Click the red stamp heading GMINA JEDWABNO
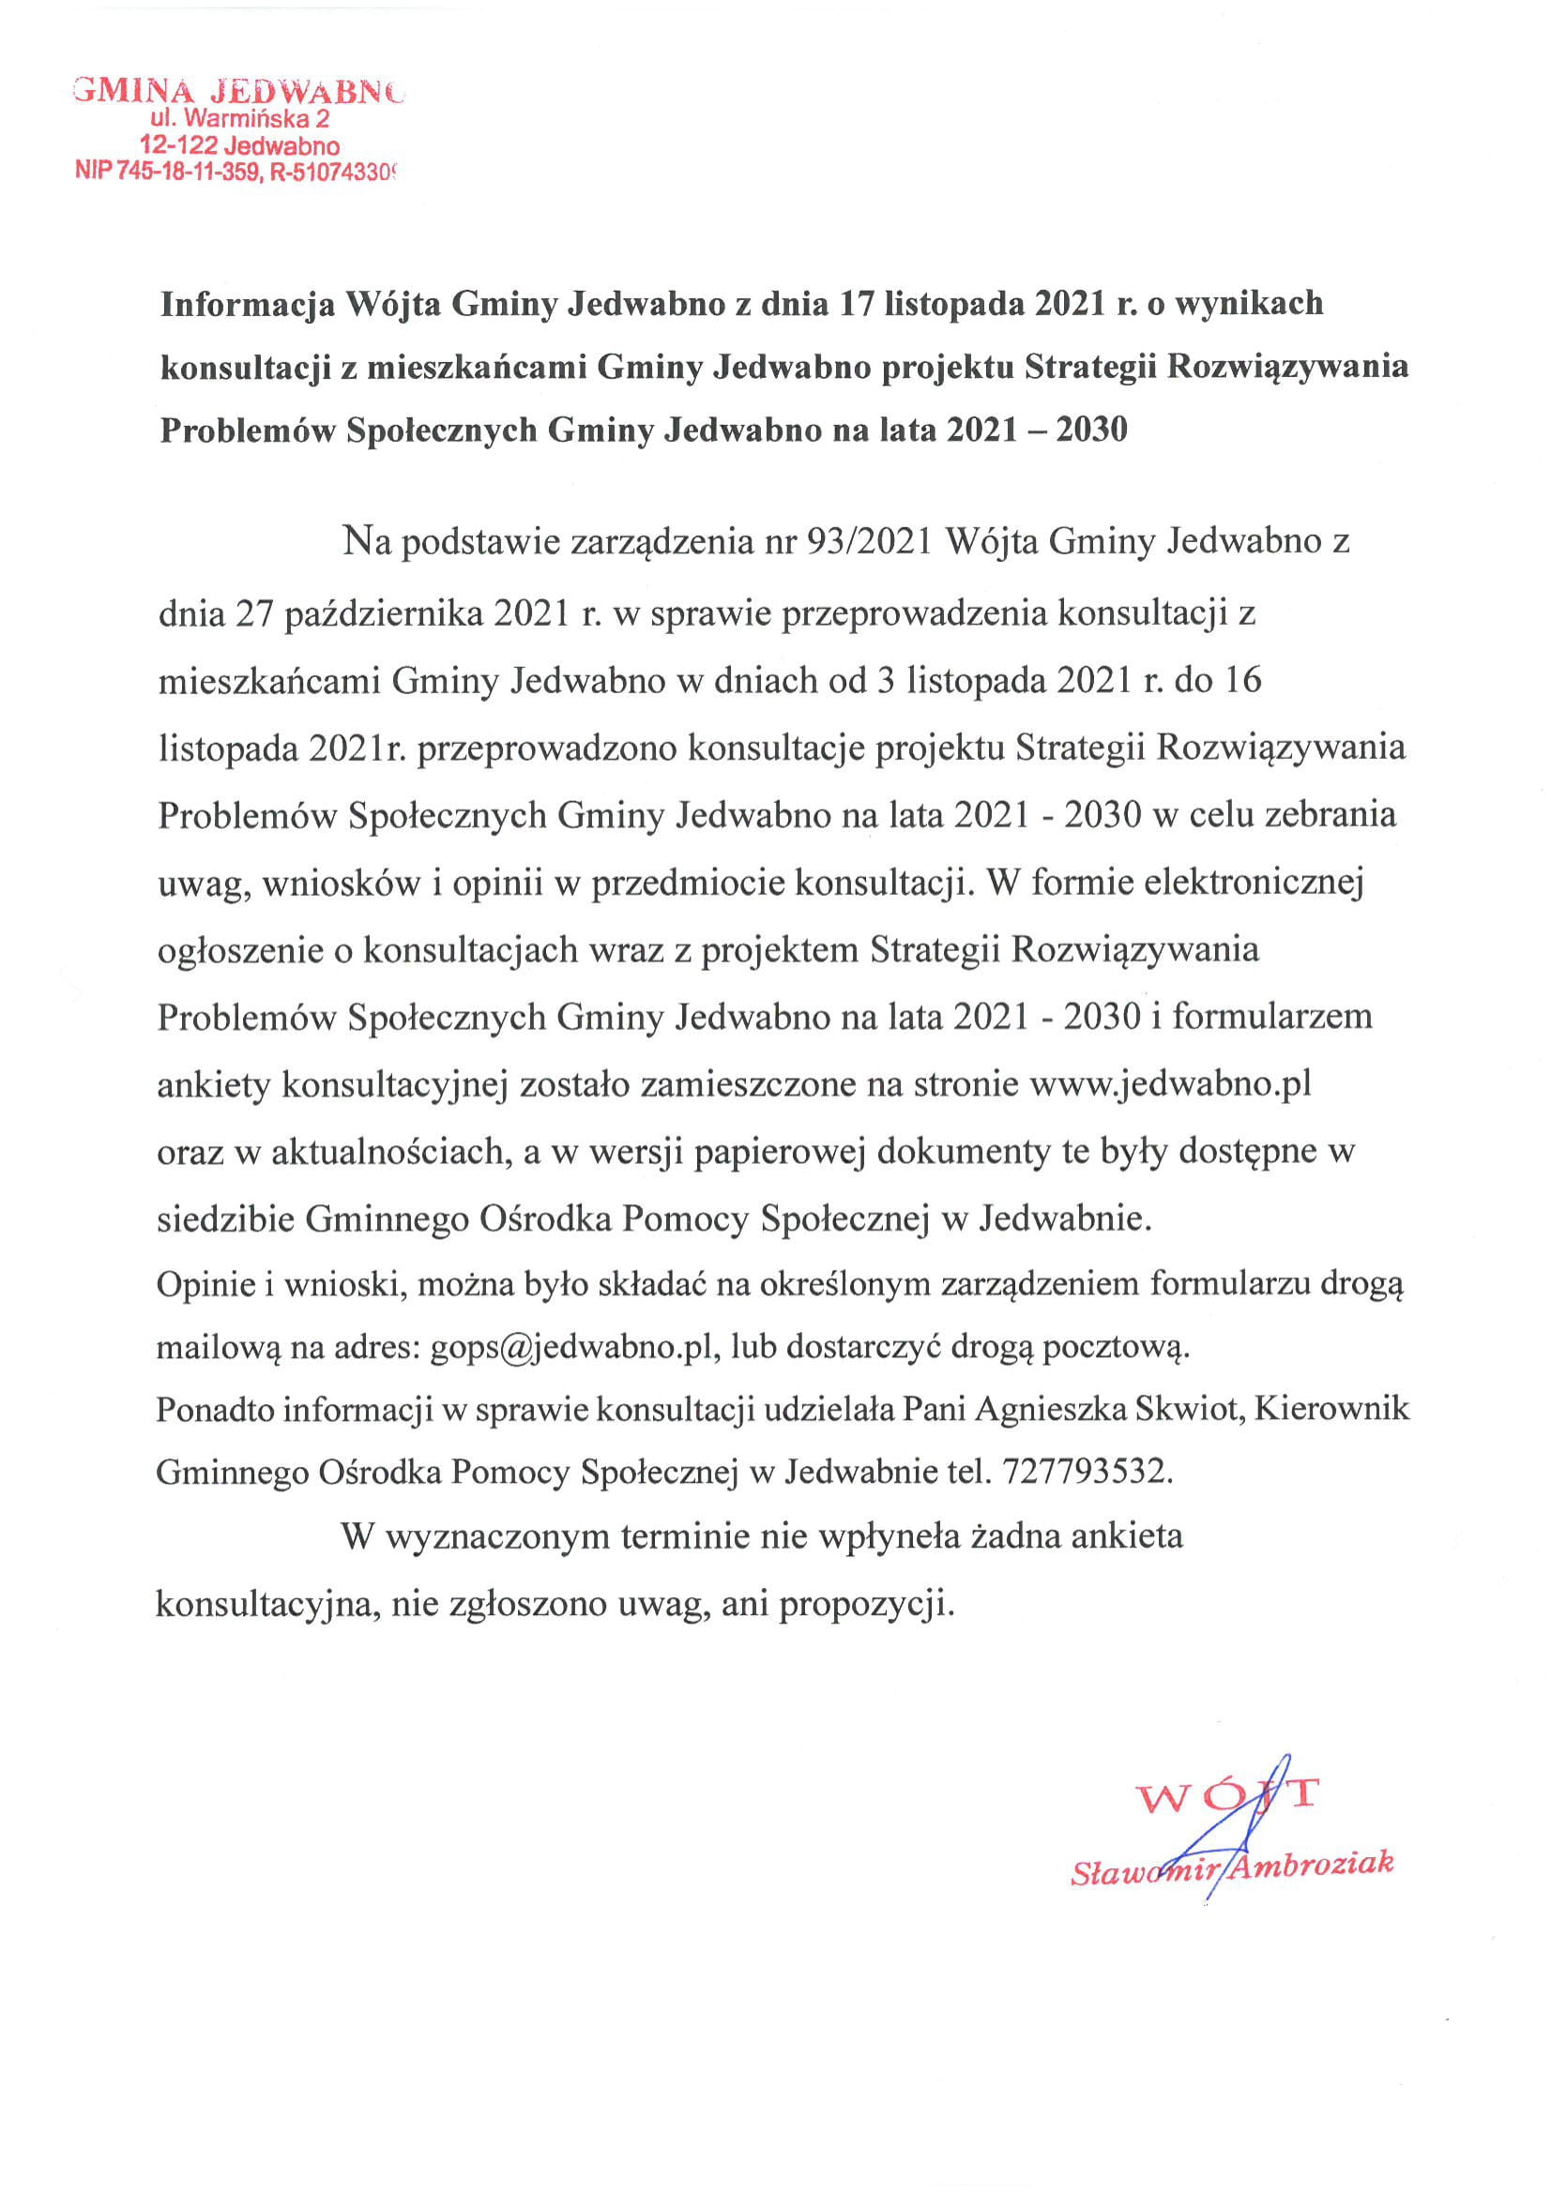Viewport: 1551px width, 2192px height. coord(237,91)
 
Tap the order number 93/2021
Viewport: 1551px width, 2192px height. coord(869,542)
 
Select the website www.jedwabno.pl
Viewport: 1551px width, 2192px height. coord(1170,1085)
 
